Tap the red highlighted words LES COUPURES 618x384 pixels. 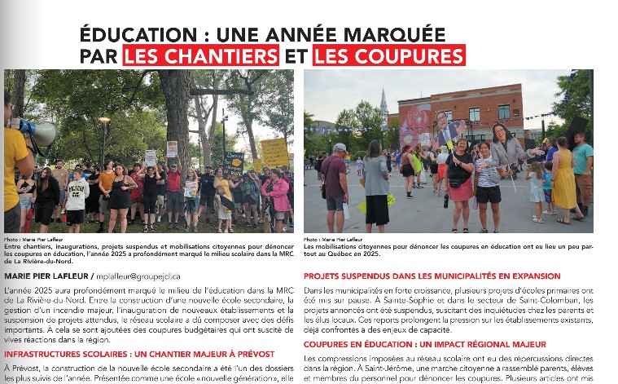(x=388, y=55)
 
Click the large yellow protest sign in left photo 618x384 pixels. (x=274, y=152)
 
